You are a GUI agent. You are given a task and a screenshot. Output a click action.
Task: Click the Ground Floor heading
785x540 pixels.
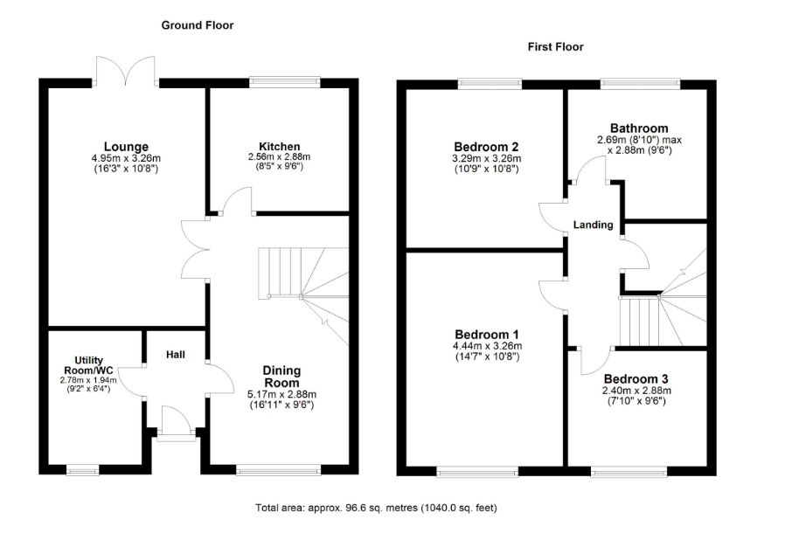point(198,25)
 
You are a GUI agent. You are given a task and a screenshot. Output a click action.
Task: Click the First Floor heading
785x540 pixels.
point(556,47)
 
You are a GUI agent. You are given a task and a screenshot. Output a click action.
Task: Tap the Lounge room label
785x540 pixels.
point(126,147)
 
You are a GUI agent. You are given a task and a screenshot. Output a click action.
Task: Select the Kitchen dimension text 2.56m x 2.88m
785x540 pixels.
point(280,156)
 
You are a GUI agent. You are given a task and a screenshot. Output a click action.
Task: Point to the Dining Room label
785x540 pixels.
point(281,377)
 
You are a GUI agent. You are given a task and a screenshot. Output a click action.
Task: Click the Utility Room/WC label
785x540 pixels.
point(88,365)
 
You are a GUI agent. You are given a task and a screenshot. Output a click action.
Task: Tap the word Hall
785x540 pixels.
point(176,355)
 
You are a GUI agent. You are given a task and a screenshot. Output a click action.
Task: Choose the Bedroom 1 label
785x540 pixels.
point(487,335)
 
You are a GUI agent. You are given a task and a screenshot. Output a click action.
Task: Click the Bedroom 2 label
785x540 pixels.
point(486,147)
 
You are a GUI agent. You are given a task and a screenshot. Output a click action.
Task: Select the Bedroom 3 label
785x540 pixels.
point(636,379)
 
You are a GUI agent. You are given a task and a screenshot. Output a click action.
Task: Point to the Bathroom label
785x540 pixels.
point(639,128)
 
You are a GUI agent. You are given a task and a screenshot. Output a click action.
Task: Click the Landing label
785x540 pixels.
point(594,225)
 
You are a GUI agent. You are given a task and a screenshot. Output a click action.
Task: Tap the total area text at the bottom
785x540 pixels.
point(377,508)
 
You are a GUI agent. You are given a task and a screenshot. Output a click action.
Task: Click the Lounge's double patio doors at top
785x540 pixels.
point(126,71)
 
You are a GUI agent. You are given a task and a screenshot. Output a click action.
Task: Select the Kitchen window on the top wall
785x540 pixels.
point(285,82)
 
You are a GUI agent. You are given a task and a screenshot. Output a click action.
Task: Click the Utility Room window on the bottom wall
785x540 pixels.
point(82,469)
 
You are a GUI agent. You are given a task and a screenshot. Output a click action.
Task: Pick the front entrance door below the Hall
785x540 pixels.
point(177,425)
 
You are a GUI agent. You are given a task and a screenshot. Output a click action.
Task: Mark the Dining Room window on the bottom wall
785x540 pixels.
point(278,469)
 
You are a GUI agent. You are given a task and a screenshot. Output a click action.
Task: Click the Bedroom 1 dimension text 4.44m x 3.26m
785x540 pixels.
point(487,346)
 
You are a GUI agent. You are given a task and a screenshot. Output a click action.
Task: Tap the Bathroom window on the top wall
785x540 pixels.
point(640,83)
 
